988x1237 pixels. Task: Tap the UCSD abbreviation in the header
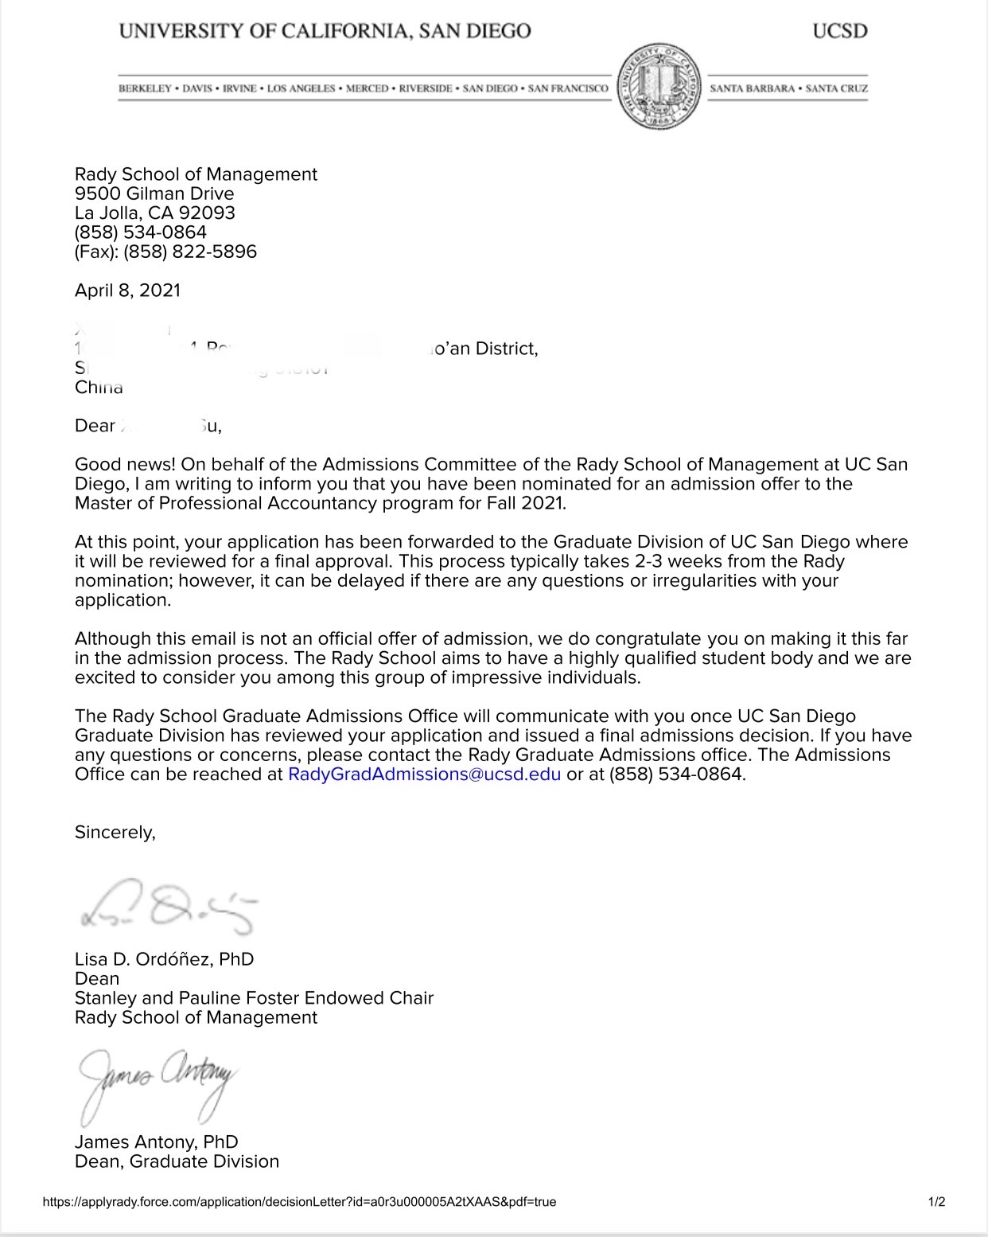click(839, 32)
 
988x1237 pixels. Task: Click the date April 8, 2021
click(127, 291)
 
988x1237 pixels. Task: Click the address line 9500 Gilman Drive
click(154, 193)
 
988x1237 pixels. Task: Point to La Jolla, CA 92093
click(155, 213)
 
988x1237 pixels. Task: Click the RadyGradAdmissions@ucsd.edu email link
click(424, 774)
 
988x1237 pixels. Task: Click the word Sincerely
click(115, 832)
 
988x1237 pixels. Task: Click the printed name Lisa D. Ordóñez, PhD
click(164, 959)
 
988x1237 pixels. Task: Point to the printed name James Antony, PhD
click(156, 1142)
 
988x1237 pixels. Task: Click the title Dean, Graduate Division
click(177, 1161)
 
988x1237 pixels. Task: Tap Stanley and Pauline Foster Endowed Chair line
click(254, 998)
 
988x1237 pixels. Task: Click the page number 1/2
click(936, 1202)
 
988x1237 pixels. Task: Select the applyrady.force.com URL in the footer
click(299, 1202)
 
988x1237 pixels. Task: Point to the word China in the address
click(99, 388)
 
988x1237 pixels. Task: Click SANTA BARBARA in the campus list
click(752, 88)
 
